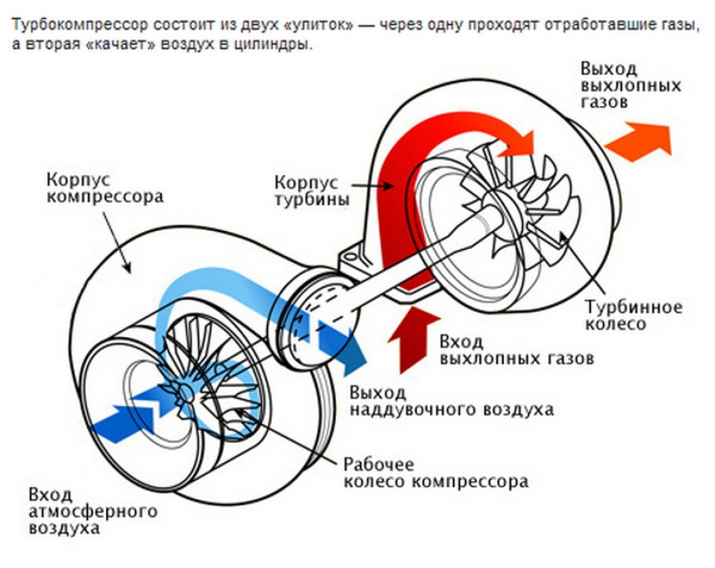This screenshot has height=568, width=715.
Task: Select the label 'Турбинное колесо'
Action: click(633, 316)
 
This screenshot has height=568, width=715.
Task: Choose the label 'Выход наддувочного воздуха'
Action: click(451, 399)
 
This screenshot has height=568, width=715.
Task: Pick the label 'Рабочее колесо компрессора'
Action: click(436, 473)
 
